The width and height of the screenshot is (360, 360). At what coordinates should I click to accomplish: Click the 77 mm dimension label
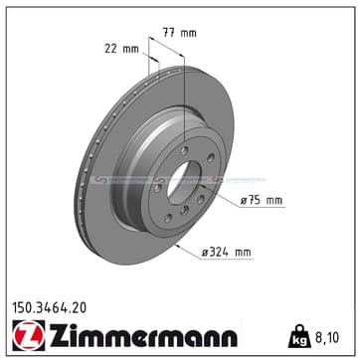click(x=179, y=33)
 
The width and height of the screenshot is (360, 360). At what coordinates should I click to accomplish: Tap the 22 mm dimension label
click(x=121, y=49)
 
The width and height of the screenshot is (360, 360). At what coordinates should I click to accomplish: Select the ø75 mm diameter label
click(x=262, y=201)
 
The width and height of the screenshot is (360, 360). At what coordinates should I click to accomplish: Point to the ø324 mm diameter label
click(x=227, y=253)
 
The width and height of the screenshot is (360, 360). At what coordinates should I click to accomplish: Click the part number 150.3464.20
click(x=49, y=308)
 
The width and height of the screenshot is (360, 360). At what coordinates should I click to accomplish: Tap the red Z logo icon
click(x=29, y=335)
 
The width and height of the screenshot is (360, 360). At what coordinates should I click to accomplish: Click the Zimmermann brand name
click(x=143, y=335)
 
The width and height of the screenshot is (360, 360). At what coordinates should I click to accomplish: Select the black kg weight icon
click(x=299, y=336)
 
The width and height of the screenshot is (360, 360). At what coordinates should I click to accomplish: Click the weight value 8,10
click(x=326, y=338)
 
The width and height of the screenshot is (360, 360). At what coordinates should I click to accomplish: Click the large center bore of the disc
click(x=183, y=183)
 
